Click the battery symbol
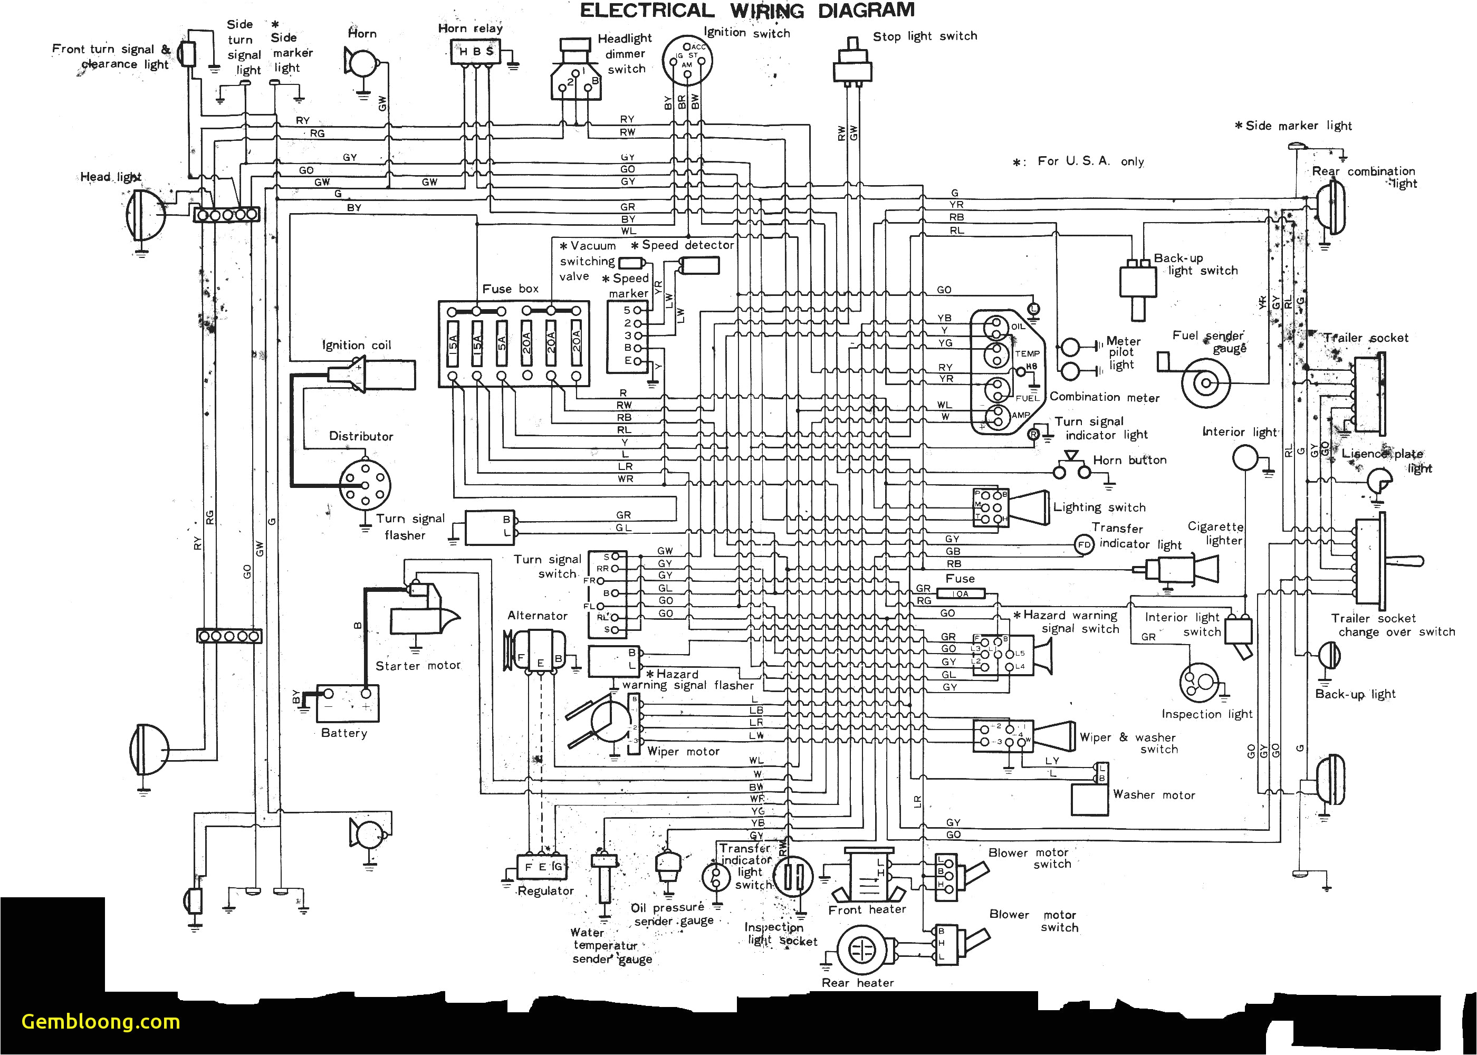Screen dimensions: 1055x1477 pyautogui.click(x=347, y=704)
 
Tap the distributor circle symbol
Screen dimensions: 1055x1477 pyautogui.click(x=365, y=484)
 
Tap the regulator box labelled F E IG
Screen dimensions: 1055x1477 pyautogui.click(x=542, y=867)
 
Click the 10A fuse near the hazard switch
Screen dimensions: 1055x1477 pyautogui.click(x=960, y=593)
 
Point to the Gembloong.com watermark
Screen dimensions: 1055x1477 pyautogui.click(x=101, y=1021)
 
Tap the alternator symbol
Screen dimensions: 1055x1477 pyautogui.click(x=539, y=658)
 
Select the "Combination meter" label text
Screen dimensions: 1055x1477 pyautogui.click(x=1104, y=397)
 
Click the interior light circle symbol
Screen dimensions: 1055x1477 pyautogui.click(x=1245, y=457)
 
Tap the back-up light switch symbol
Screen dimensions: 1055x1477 pyautogui.click(x=1138, y=286)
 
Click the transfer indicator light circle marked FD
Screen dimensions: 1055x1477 pyautogui.click(x=1083, y=544)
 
